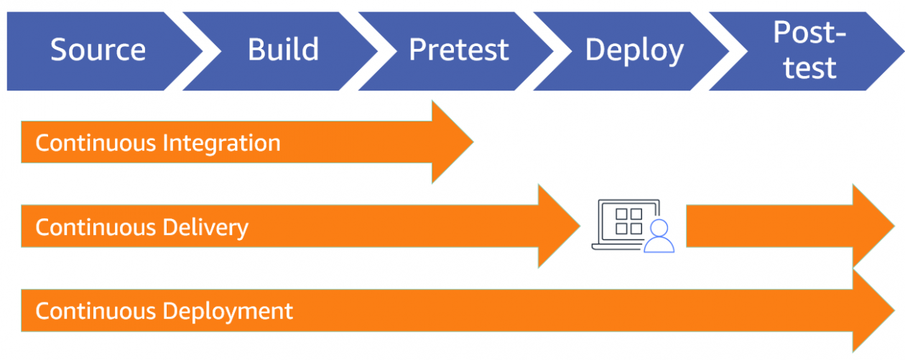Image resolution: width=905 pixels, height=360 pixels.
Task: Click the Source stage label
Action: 98,50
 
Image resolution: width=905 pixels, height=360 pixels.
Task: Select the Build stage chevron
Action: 283,50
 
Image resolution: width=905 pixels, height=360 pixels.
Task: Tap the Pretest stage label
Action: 458,50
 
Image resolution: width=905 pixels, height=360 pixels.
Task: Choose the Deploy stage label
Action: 633,50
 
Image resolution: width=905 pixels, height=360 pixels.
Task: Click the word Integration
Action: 221,143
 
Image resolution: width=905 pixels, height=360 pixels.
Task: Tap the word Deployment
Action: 228,311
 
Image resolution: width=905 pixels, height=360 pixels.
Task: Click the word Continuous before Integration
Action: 96,143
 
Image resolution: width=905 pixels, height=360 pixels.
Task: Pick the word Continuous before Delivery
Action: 96,227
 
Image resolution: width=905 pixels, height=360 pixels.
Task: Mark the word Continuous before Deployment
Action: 96,311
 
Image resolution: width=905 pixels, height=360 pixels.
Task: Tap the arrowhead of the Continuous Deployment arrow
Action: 873,311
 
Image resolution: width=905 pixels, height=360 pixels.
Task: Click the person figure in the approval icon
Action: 659,238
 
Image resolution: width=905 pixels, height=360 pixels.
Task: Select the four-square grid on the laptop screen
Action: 628,221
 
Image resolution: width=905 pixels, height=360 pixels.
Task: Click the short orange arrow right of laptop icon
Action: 783,226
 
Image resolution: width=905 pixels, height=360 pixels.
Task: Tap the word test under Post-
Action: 809,68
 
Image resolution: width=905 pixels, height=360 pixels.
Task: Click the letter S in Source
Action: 58,50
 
